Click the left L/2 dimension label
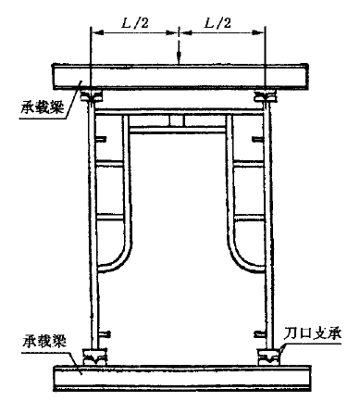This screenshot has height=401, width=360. (x=132, y=19)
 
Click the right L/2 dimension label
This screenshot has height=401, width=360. (x=219, y=19)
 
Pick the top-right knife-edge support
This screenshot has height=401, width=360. (x=266, y=96)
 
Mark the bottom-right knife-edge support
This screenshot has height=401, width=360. (x=267, y=354)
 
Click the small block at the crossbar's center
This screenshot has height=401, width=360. (x=179, y=121)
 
